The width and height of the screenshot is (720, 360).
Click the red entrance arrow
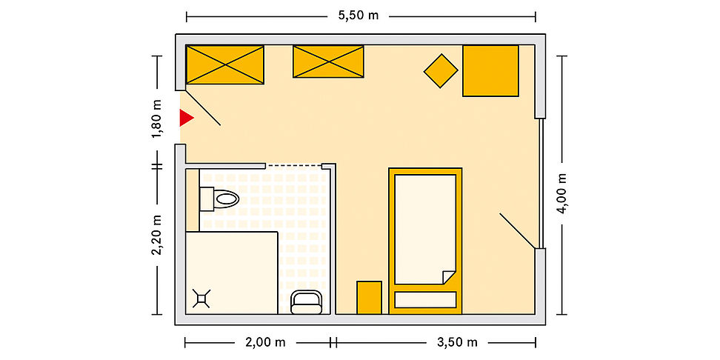[x=186, y=118]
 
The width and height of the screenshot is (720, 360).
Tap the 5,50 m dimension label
[x=359, y=16]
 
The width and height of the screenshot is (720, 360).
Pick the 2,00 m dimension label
[x=265, y=342]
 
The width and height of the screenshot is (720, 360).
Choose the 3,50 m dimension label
[x=457, y=342]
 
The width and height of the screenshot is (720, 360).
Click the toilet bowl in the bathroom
[x=227, y=199]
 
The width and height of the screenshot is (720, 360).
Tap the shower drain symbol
[x=201, y=299]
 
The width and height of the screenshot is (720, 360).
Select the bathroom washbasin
[x=306, y=303]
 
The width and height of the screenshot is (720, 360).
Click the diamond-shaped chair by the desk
[x=441, y=70]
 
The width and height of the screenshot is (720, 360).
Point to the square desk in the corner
[x=490, y=70]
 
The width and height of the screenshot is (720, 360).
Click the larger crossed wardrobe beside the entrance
[x=225, y=64]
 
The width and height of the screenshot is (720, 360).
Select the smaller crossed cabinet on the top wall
[x=328, y=61]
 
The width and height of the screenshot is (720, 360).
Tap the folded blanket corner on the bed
[x=448, y=277]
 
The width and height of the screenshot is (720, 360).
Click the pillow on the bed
[x=425, y=300]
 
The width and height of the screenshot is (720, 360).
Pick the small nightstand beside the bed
[x=369, y=298]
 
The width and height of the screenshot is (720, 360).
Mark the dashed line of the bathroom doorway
[x=294, y=165]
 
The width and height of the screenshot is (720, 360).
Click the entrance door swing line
[x=203, y=108]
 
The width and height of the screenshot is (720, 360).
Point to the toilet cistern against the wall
[x=207, y=199]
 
